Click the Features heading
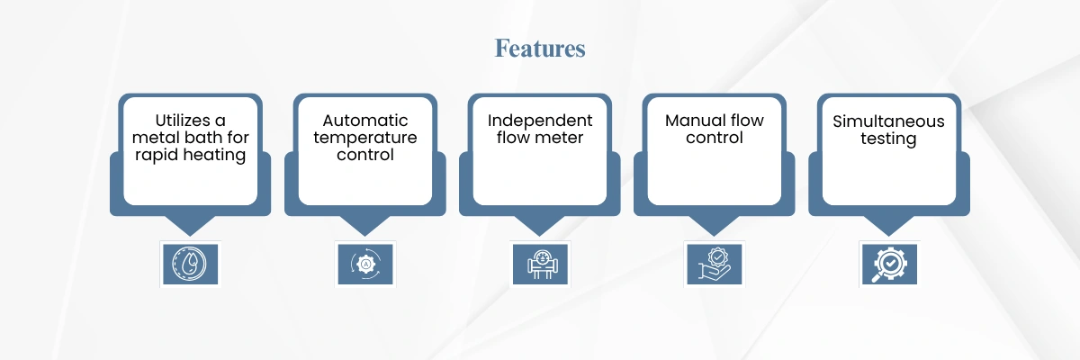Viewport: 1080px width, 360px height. coord(539,49)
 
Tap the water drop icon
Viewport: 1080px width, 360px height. coord(190,264)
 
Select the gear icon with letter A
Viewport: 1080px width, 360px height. coord(365,264)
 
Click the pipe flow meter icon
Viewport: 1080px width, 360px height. coord(540,264)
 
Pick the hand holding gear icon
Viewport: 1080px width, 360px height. coord(715,264)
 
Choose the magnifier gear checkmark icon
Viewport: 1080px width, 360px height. coord(889,264)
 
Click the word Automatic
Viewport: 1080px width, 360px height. coord(365,120)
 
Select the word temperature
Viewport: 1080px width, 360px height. coord(365,138)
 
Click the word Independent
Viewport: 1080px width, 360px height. coord(540,121)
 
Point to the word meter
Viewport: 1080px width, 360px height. coord(562,138)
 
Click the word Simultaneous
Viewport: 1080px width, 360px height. coord(888,121)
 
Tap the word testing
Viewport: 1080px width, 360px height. coord(888,139)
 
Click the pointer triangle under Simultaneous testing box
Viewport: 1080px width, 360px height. coord(888,225)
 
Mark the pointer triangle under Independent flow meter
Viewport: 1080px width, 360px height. coord(539,225)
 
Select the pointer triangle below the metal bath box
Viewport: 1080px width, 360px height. coord(190,225)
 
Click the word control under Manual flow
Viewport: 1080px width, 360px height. coord(714,138)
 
